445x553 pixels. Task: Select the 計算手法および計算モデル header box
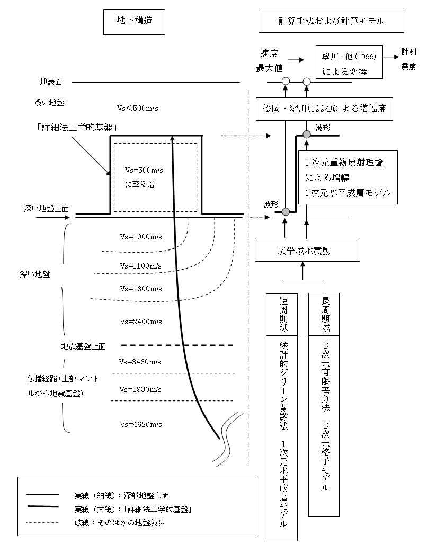pos(331,22)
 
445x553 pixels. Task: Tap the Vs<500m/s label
pos(138,108)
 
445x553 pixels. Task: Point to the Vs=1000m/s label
pos(140,237)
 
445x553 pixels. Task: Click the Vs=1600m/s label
pos(140,289)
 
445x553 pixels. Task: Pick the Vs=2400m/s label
pos(140,322)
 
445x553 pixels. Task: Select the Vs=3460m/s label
pos(140,362)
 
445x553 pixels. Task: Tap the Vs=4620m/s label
pos(140,425)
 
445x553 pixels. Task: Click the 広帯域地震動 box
pos(307,250)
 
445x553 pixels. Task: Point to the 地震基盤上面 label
pos(84,346)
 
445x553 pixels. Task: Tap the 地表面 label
pos(51,83)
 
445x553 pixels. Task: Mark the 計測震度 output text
pos(409,59)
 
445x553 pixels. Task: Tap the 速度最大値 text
pos(270,61)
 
